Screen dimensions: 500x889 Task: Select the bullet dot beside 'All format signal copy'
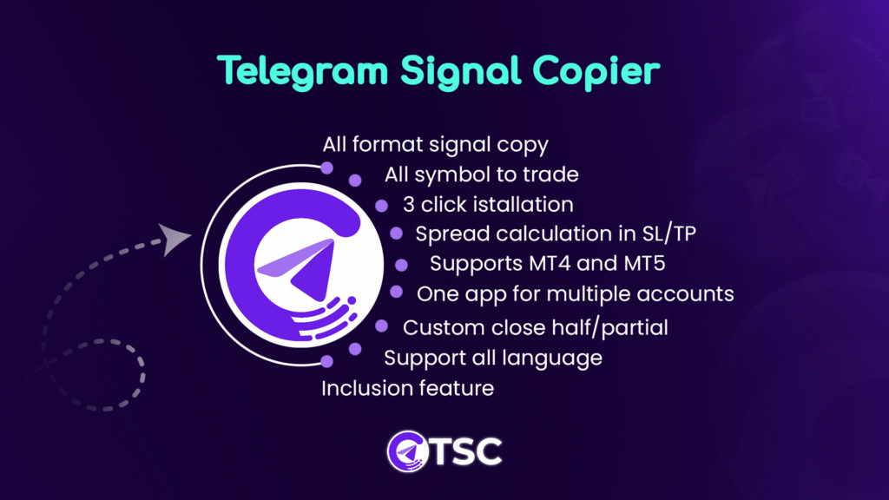327,168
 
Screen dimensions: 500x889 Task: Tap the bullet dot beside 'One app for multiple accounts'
396,293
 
